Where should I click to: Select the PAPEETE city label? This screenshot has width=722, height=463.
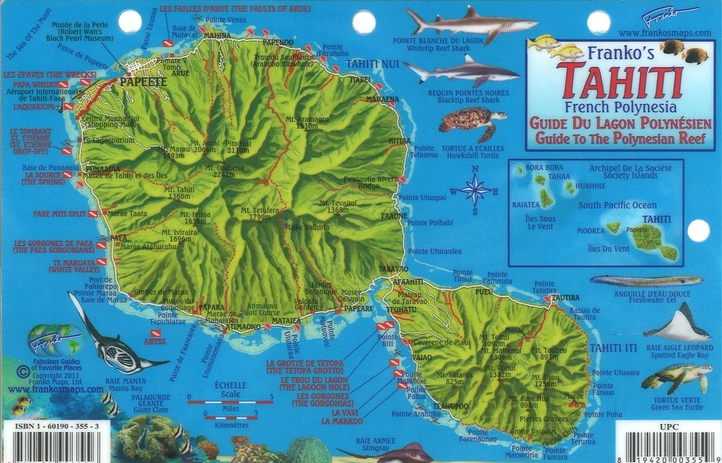(x=143, y=82)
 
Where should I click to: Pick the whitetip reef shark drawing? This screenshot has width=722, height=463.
(x=470, y=25)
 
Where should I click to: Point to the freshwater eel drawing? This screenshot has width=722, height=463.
(x=646, y=280)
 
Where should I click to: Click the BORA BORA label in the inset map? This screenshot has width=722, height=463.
(x=544, y=168)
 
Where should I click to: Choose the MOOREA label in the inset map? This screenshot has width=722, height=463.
(x=590, y=230)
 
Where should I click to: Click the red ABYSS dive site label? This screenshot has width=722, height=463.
(x=154, y=341)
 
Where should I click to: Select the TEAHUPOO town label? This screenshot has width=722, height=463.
(x=451, y=406)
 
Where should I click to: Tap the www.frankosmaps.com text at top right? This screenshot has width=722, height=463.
(x=664, y=32)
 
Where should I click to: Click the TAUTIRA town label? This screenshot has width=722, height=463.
(x=565, y=297)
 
